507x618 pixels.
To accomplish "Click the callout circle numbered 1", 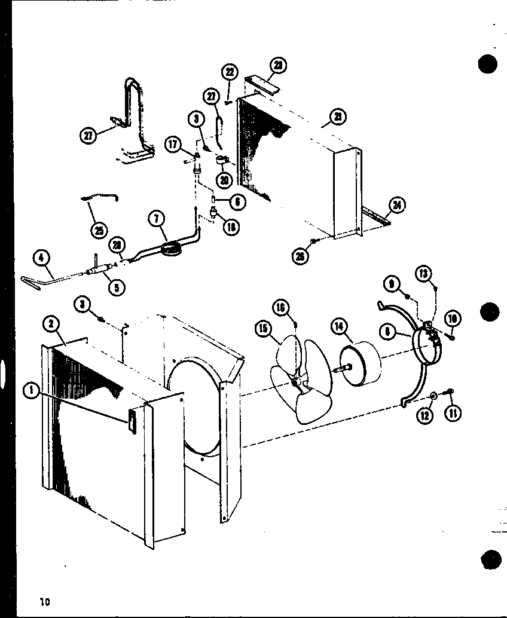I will point(28,391).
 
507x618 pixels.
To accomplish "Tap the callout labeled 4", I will point(41,258).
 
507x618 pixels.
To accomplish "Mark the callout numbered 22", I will point(229,72).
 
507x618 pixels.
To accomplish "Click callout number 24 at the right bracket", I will point(395,206).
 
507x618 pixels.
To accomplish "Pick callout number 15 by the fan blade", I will point(262,328).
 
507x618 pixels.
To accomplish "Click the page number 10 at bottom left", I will point(44,602).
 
